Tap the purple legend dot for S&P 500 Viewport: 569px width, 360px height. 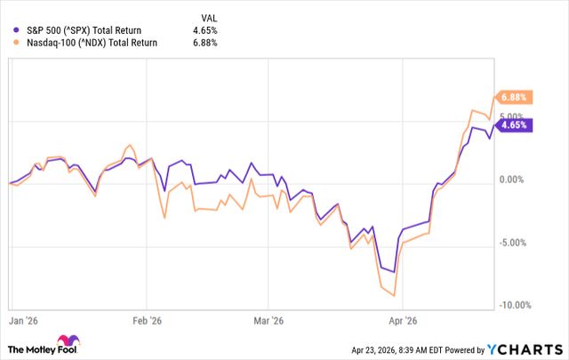coord(18,30)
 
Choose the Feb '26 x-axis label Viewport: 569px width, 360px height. coord(147,319)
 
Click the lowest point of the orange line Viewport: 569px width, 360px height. coord(394,296)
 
